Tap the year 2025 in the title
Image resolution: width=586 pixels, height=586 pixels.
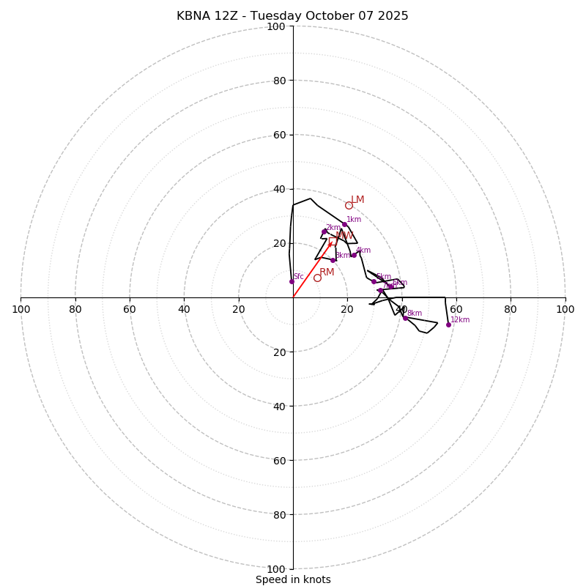[392, 16]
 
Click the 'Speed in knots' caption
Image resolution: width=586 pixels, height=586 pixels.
[293, 579]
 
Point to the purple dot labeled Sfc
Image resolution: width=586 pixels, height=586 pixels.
[292, 281]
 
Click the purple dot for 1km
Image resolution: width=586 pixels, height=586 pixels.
[344, 225]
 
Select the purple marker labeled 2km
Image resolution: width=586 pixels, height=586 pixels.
[324, 231]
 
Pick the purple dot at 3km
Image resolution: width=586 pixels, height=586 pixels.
[333, 260]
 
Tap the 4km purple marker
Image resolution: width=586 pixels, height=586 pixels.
[354, 255]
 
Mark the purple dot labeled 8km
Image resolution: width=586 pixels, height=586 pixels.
[405, 318]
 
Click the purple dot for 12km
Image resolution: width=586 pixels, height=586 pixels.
[448, 324]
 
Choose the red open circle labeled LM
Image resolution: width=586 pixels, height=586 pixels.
[349, 205]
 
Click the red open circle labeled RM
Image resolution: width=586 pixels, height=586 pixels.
[317, 278]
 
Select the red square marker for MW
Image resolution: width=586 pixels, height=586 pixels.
[333, 241]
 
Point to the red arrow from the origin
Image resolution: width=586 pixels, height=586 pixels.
[311, 270]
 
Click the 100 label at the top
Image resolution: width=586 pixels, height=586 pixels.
[276, 26]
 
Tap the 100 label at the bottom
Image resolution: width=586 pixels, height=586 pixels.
[276, 569]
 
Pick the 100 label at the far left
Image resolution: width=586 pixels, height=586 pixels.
[21, 309]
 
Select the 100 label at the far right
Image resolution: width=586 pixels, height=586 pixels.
[565, 309]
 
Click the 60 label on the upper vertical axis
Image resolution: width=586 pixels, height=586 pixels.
[279, 135]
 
